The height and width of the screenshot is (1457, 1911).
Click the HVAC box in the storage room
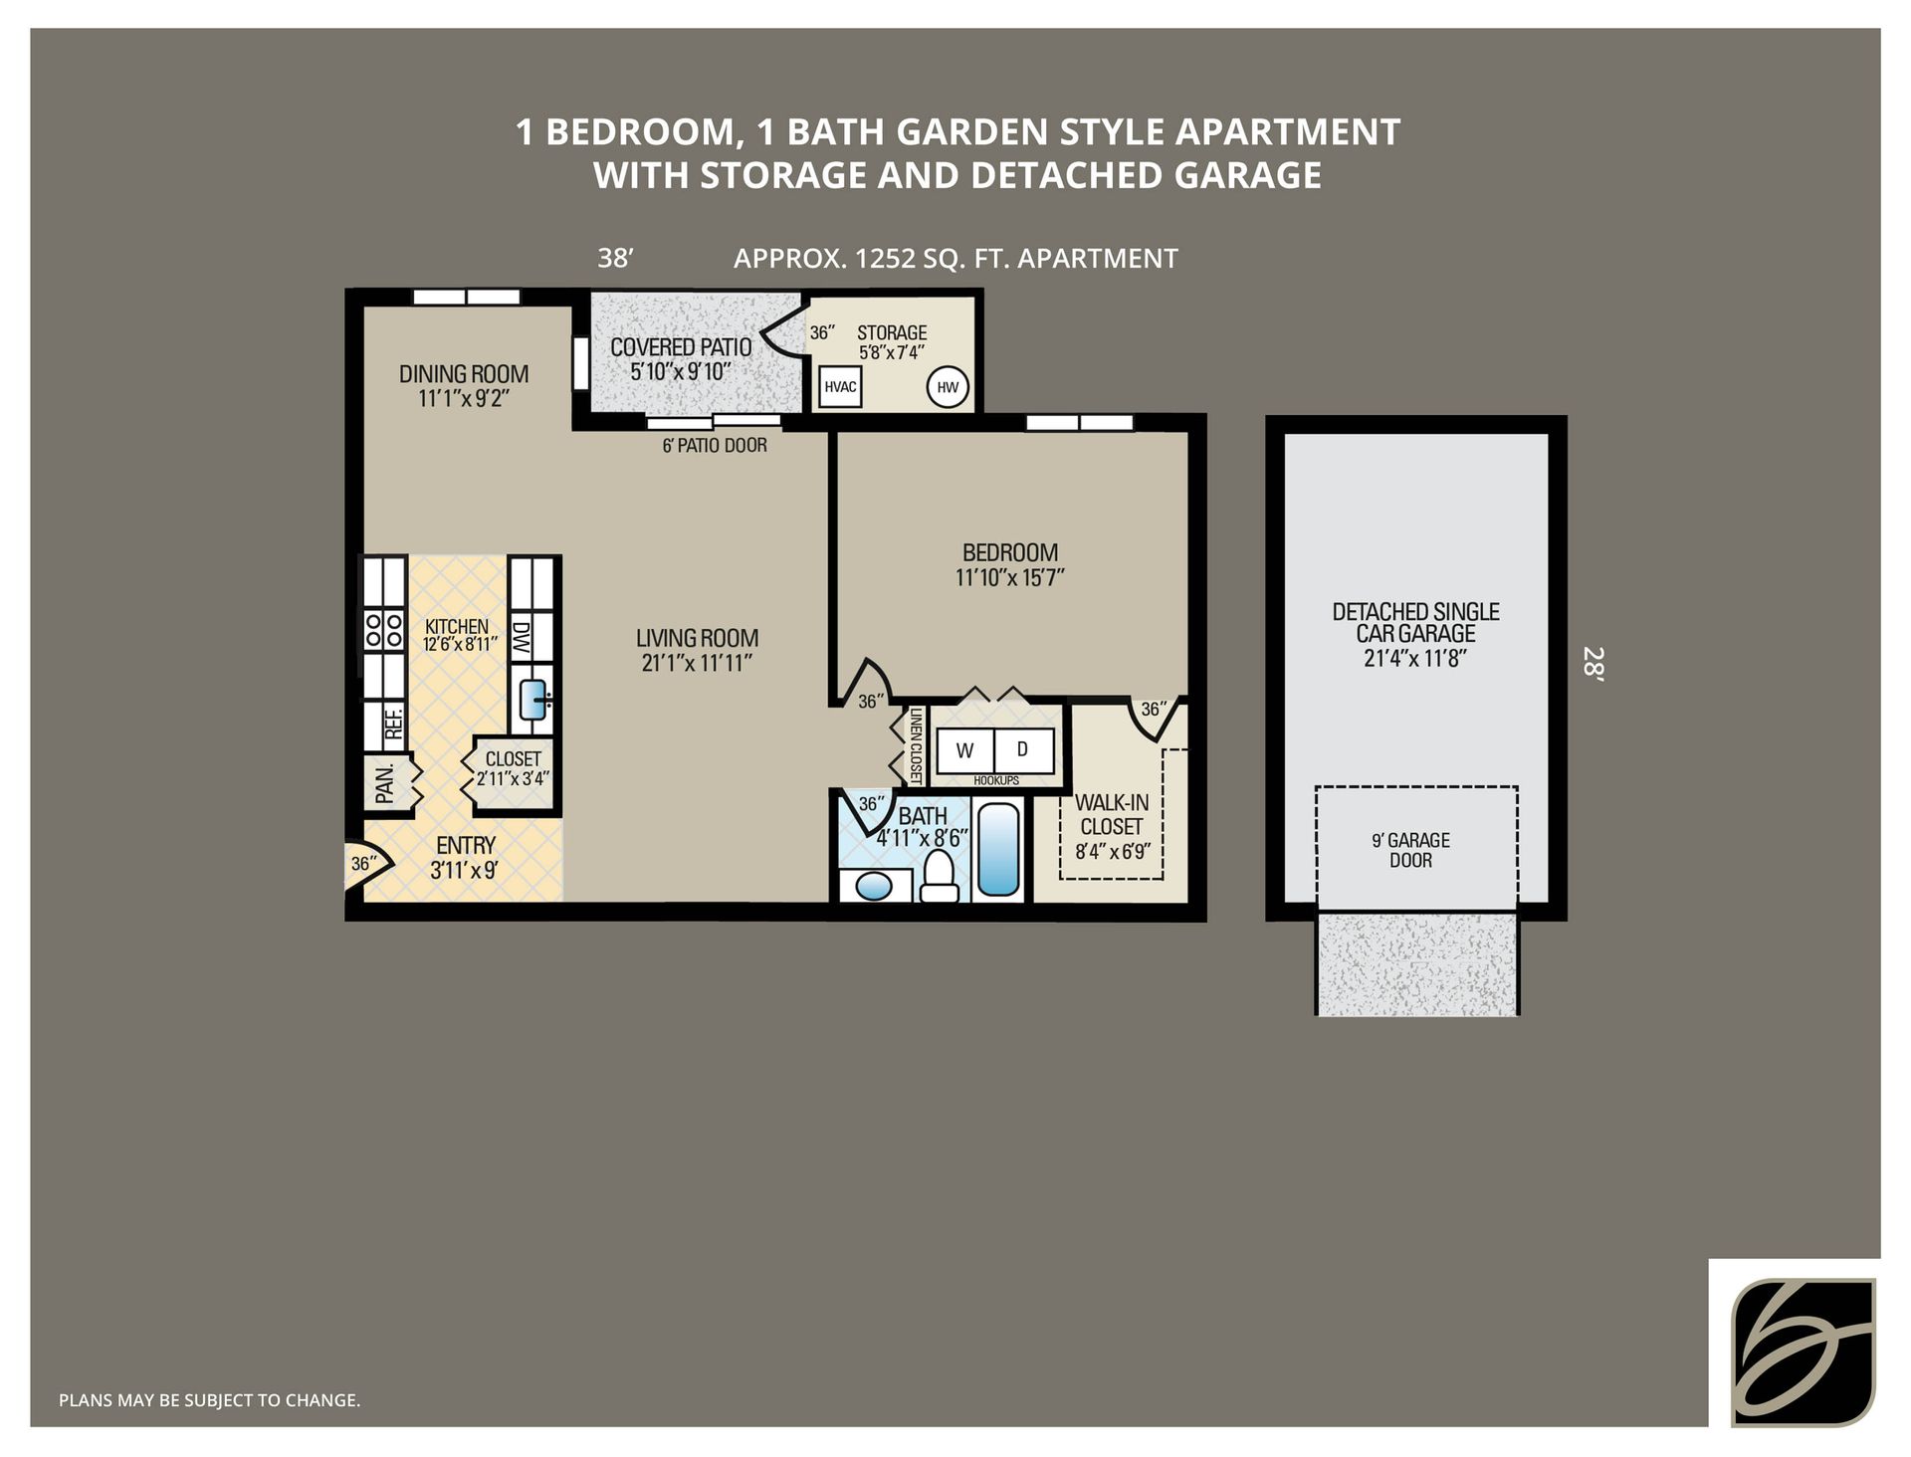click(840, 387)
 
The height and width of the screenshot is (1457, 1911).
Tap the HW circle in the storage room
click(948, 387)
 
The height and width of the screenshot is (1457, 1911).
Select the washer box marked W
click(964, 751)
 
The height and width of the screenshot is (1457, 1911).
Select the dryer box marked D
click(1022, 750)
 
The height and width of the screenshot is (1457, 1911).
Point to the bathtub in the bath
click(998, 850)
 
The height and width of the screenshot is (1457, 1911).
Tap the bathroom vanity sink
click(874, 885)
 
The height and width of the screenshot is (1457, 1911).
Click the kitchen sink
click(533, 700)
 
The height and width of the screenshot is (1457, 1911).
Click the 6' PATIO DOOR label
click(715, 446)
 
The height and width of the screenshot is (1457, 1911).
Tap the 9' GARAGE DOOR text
click(1410, 850)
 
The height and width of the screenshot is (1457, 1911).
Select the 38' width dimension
click(615, 259)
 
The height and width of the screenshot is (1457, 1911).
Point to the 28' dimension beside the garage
click(1593, 663)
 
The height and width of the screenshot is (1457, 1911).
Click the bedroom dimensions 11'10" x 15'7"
click(1010, 577)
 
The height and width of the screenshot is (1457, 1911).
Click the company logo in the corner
click(1803, 1352)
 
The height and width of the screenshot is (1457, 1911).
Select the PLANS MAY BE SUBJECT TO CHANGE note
click(209, 1400)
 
